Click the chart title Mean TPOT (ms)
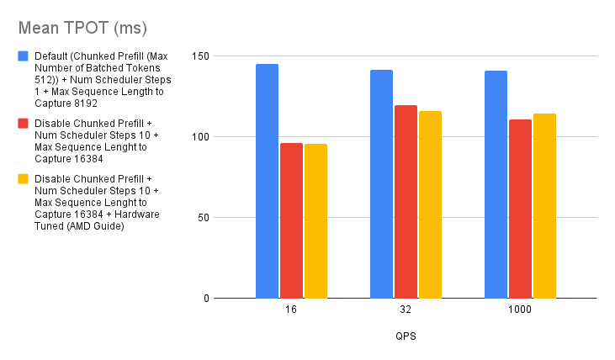(x=82, y=29)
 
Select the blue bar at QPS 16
(x=267, y=181)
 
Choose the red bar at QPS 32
(x=406, y=202)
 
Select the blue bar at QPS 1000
(x=496, y=184)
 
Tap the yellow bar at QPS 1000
(x=544, y=205)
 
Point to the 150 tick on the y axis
(x=199, y=56)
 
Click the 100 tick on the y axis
(x=199, y=137)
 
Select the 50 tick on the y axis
(x=202, y=218)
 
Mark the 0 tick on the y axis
(x=205, y=299)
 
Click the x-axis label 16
(x=291, y=310)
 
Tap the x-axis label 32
(x=406, y=310)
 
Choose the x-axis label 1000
(x=520, y=310)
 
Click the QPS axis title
(x=406, y=336)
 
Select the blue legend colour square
(x=24, y=56)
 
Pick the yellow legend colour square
(x=24, y=178)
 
